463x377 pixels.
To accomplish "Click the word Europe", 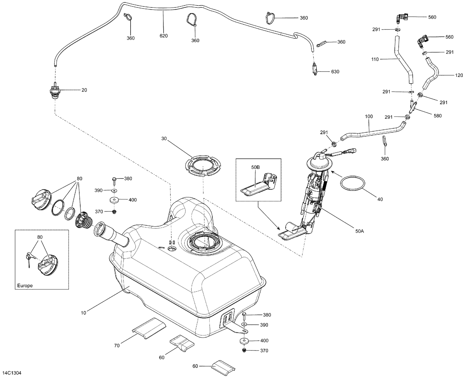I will [x=25, y=285].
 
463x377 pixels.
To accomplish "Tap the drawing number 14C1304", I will [x=13, y=372].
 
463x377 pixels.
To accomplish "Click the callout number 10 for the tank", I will [x=84, y=313].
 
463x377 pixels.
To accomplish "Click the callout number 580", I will [x=437, y=116].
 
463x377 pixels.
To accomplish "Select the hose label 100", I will [x=369, y=117].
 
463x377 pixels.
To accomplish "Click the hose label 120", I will [x=450, y=75].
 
